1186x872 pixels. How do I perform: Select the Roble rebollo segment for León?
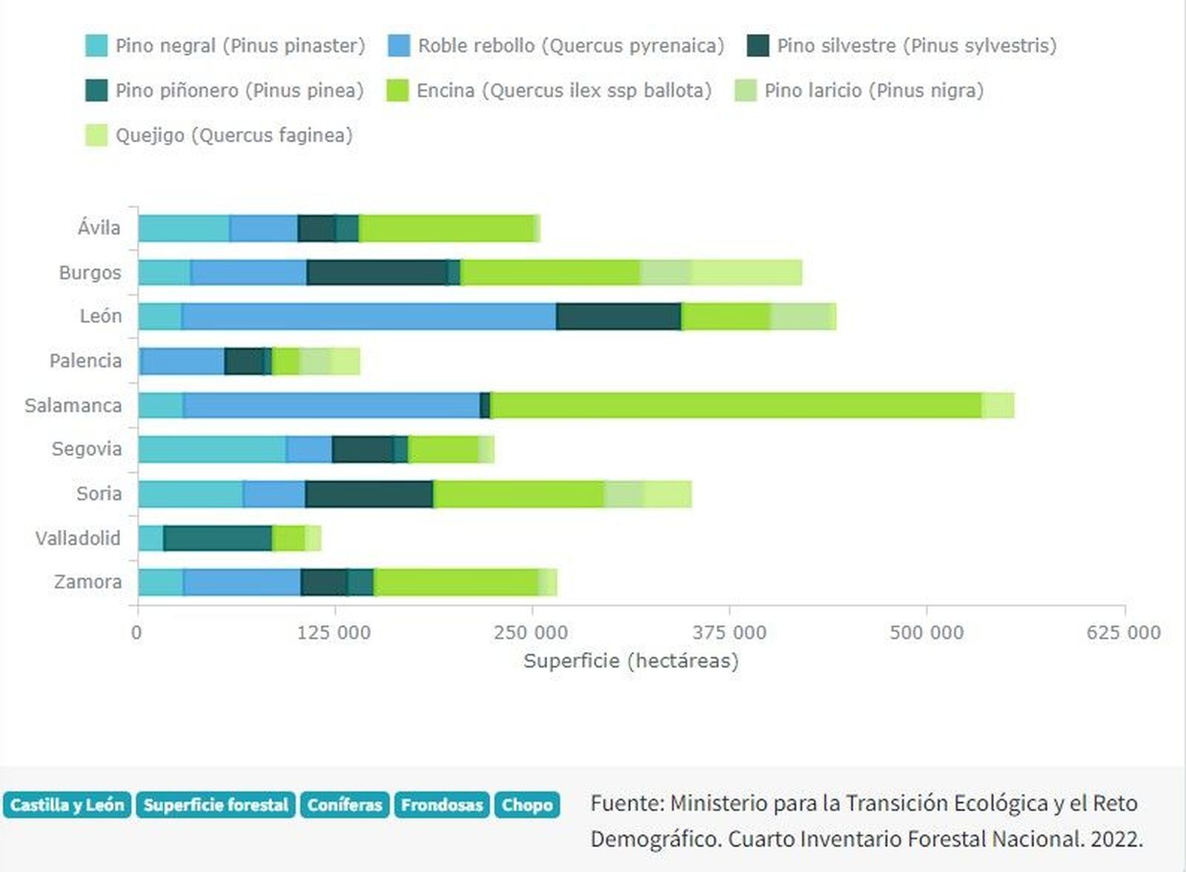[x=368, y=316]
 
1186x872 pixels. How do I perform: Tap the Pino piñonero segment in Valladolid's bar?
[x=218, y=538]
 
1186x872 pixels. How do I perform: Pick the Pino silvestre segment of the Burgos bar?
[x=377, y=273]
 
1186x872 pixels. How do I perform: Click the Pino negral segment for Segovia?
[x=211, y=449]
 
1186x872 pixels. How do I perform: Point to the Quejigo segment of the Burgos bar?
[x=747, y=273]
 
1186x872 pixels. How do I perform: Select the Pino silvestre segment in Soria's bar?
[x=368, y=494]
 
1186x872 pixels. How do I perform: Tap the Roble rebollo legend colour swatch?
[x=399, y=46]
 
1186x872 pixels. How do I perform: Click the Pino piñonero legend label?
[x=239, y=90]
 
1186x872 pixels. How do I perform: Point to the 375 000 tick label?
[x=729, y=633]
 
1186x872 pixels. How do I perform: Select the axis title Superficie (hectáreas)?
[x=631, y=661]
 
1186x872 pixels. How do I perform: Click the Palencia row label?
[x=85, y=361]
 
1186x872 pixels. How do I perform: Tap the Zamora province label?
[x=87, y=582]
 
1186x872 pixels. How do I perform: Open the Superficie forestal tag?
[x=216, y=805]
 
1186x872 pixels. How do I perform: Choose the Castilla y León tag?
[x=67, y=805]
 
